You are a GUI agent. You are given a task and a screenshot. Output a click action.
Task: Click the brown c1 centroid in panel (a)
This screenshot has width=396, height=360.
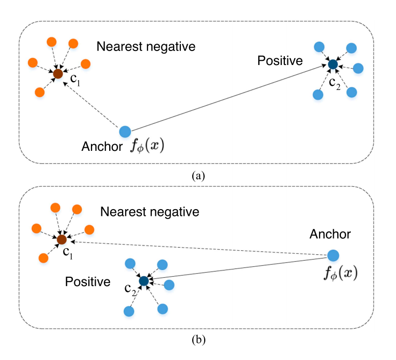tap(58, 74)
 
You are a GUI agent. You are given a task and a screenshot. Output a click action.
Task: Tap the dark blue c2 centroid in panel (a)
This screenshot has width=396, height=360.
tap(333, 65)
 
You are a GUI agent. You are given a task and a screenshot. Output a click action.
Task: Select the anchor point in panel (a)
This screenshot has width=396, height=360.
tap(125, 132)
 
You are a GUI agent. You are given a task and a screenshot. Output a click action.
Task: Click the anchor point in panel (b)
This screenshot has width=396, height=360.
tap(333, 255)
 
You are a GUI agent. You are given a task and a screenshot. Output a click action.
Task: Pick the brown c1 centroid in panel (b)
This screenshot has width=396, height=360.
tap(61, 240)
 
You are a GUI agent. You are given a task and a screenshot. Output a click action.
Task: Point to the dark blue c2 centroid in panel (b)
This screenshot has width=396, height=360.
tap(144, 281)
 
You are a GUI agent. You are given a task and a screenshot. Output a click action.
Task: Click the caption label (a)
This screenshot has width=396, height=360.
tap(198, 176)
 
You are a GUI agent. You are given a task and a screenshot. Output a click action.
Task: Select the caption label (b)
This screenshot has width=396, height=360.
tap(198, 341)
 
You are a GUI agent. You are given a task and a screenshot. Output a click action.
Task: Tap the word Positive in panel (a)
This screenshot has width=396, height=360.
tap(280, 61)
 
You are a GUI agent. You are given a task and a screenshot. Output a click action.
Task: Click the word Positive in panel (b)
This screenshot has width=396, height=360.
tap(88, 282)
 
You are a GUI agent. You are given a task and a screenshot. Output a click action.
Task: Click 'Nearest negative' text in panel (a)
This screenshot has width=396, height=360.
tap(146, 47)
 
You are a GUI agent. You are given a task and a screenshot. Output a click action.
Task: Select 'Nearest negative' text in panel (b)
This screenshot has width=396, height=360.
tap(150, 212)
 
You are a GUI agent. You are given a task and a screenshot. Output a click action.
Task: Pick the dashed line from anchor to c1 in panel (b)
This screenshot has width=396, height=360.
tap(197, 248)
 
